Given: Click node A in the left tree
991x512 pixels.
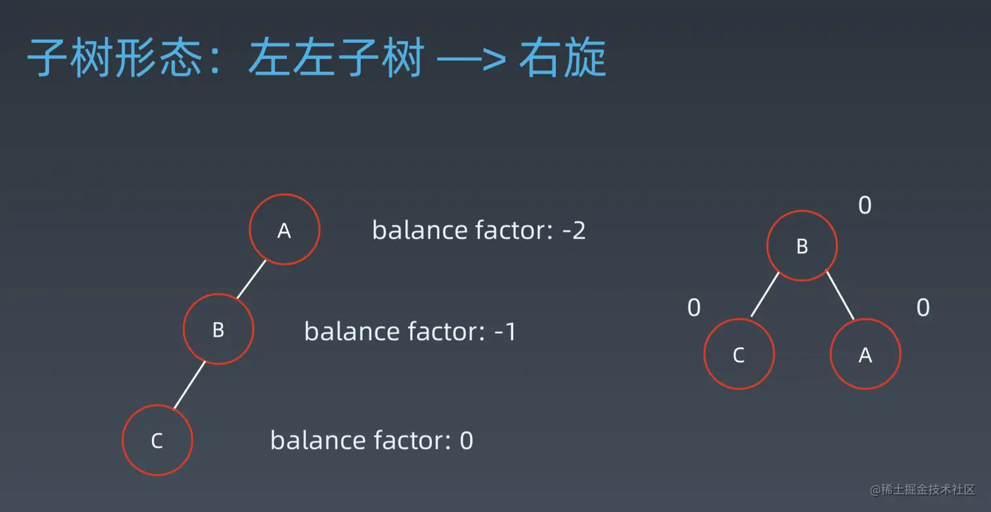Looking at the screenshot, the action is pos(284,229).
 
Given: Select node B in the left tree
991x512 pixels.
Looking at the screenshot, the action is pos(218,329).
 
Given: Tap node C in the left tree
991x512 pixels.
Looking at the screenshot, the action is pos(157,440).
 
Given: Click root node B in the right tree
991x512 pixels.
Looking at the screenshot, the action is pos(802,246).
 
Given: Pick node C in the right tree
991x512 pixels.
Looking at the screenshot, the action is pos(739,354).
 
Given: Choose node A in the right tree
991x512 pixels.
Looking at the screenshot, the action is pos(865,354).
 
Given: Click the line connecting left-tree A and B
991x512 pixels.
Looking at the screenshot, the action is pos(251,279).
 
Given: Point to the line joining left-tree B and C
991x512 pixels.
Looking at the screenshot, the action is pos(189,385).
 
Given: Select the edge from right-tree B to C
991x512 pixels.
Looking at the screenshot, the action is pos(765,295).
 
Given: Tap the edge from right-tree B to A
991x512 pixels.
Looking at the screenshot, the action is pos(840,295).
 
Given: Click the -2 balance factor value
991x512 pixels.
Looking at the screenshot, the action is pos(573,230).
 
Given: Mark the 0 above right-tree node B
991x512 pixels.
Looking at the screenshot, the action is pos(865,205).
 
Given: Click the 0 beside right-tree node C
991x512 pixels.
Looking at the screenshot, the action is pos(694,308).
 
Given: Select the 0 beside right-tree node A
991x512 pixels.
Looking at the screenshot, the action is pos(923,308).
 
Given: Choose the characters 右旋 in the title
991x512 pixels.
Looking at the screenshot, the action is pos(562,58).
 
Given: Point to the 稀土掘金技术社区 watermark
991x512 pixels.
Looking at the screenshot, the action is pos(922,490).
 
